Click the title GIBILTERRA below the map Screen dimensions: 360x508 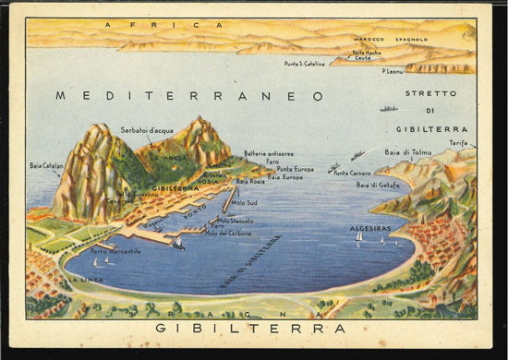pos(250,329)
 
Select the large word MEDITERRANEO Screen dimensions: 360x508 pos(189,95)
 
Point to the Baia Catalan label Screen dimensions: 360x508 pos(46,166)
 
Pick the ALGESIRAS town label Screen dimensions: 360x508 pos(370,227)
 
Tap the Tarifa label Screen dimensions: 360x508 pos(458,143)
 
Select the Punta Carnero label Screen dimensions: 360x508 pos(352,173)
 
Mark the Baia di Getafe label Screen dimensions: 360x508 pos(379,185)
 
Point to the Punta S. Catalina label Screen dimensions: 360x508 pos(306,63)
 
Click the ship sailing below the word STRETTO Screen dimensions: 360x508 pos(389,109)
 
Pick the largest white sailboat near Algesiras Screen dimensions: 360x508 pos(359,236)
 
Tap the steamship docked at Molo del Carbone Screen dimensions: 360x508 pos(175,244)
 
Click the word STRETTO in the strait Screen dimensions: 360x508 pos(430,94)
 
